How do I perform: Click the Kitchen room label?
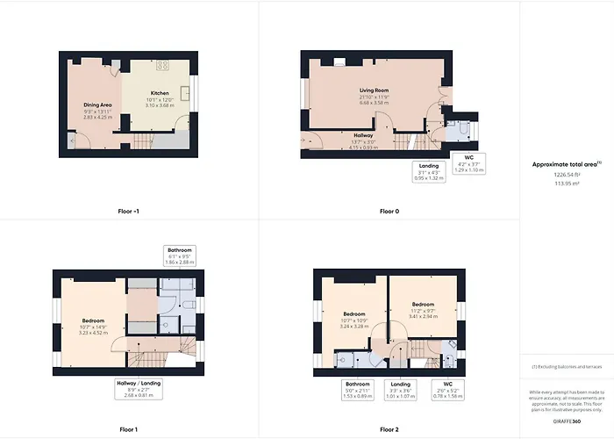tap(160, 92)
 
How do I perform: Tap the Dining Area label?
tap(97, 104)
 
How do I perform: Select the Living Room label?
tap(374, 90)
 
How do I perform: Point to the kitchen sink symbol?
tap(186, 92)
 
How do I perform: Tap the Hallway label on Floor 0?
tap(363, 135)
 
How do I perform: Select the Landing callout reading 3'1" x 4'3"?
tap(429, 171)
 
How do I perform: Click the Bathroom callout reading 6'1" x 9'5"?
tap(181, 255)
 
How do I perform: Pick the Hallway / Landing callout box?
tap(139, 388)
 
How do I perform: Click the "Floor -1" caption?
tap(128, 212)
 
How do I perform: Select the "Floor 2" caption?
tap(389, 430)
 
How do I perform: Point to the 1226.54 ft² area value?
tap(566, 176)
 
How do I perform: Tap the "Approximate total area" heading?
tap(566, 164)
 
